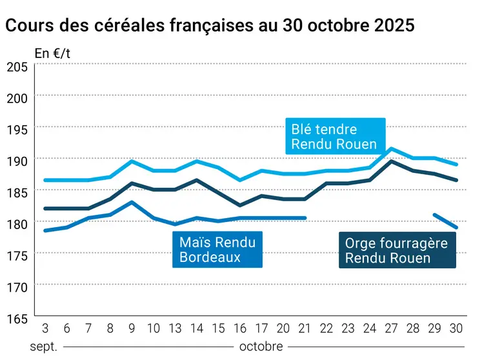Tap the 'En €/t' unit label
tap(52, 54)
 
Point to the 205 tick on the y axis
tap(17, 66)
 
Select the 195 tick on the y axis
tap(17, 129)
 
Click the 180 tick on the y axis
tap(17, 223)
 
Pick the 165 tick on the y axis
tap(17, 317)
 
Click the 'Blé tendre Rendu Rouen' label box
tap(335, 137)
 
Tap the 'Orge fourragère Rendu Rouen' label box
tap(397, 250)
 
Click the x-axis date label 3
tap(45, 328)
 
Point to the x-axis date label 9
tap(132, 328)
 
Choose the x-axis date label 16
tap(240, 328)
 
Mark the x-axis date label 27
tap(392, 328)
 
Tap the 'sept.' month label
tap(44, 346)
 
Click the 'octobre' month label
tap(261, 346)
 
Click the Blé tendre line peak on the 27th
tap(392, 149)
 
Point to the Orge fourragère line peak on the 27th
tap(392, 161)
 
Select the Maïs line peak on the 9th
tap(132, 202)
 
